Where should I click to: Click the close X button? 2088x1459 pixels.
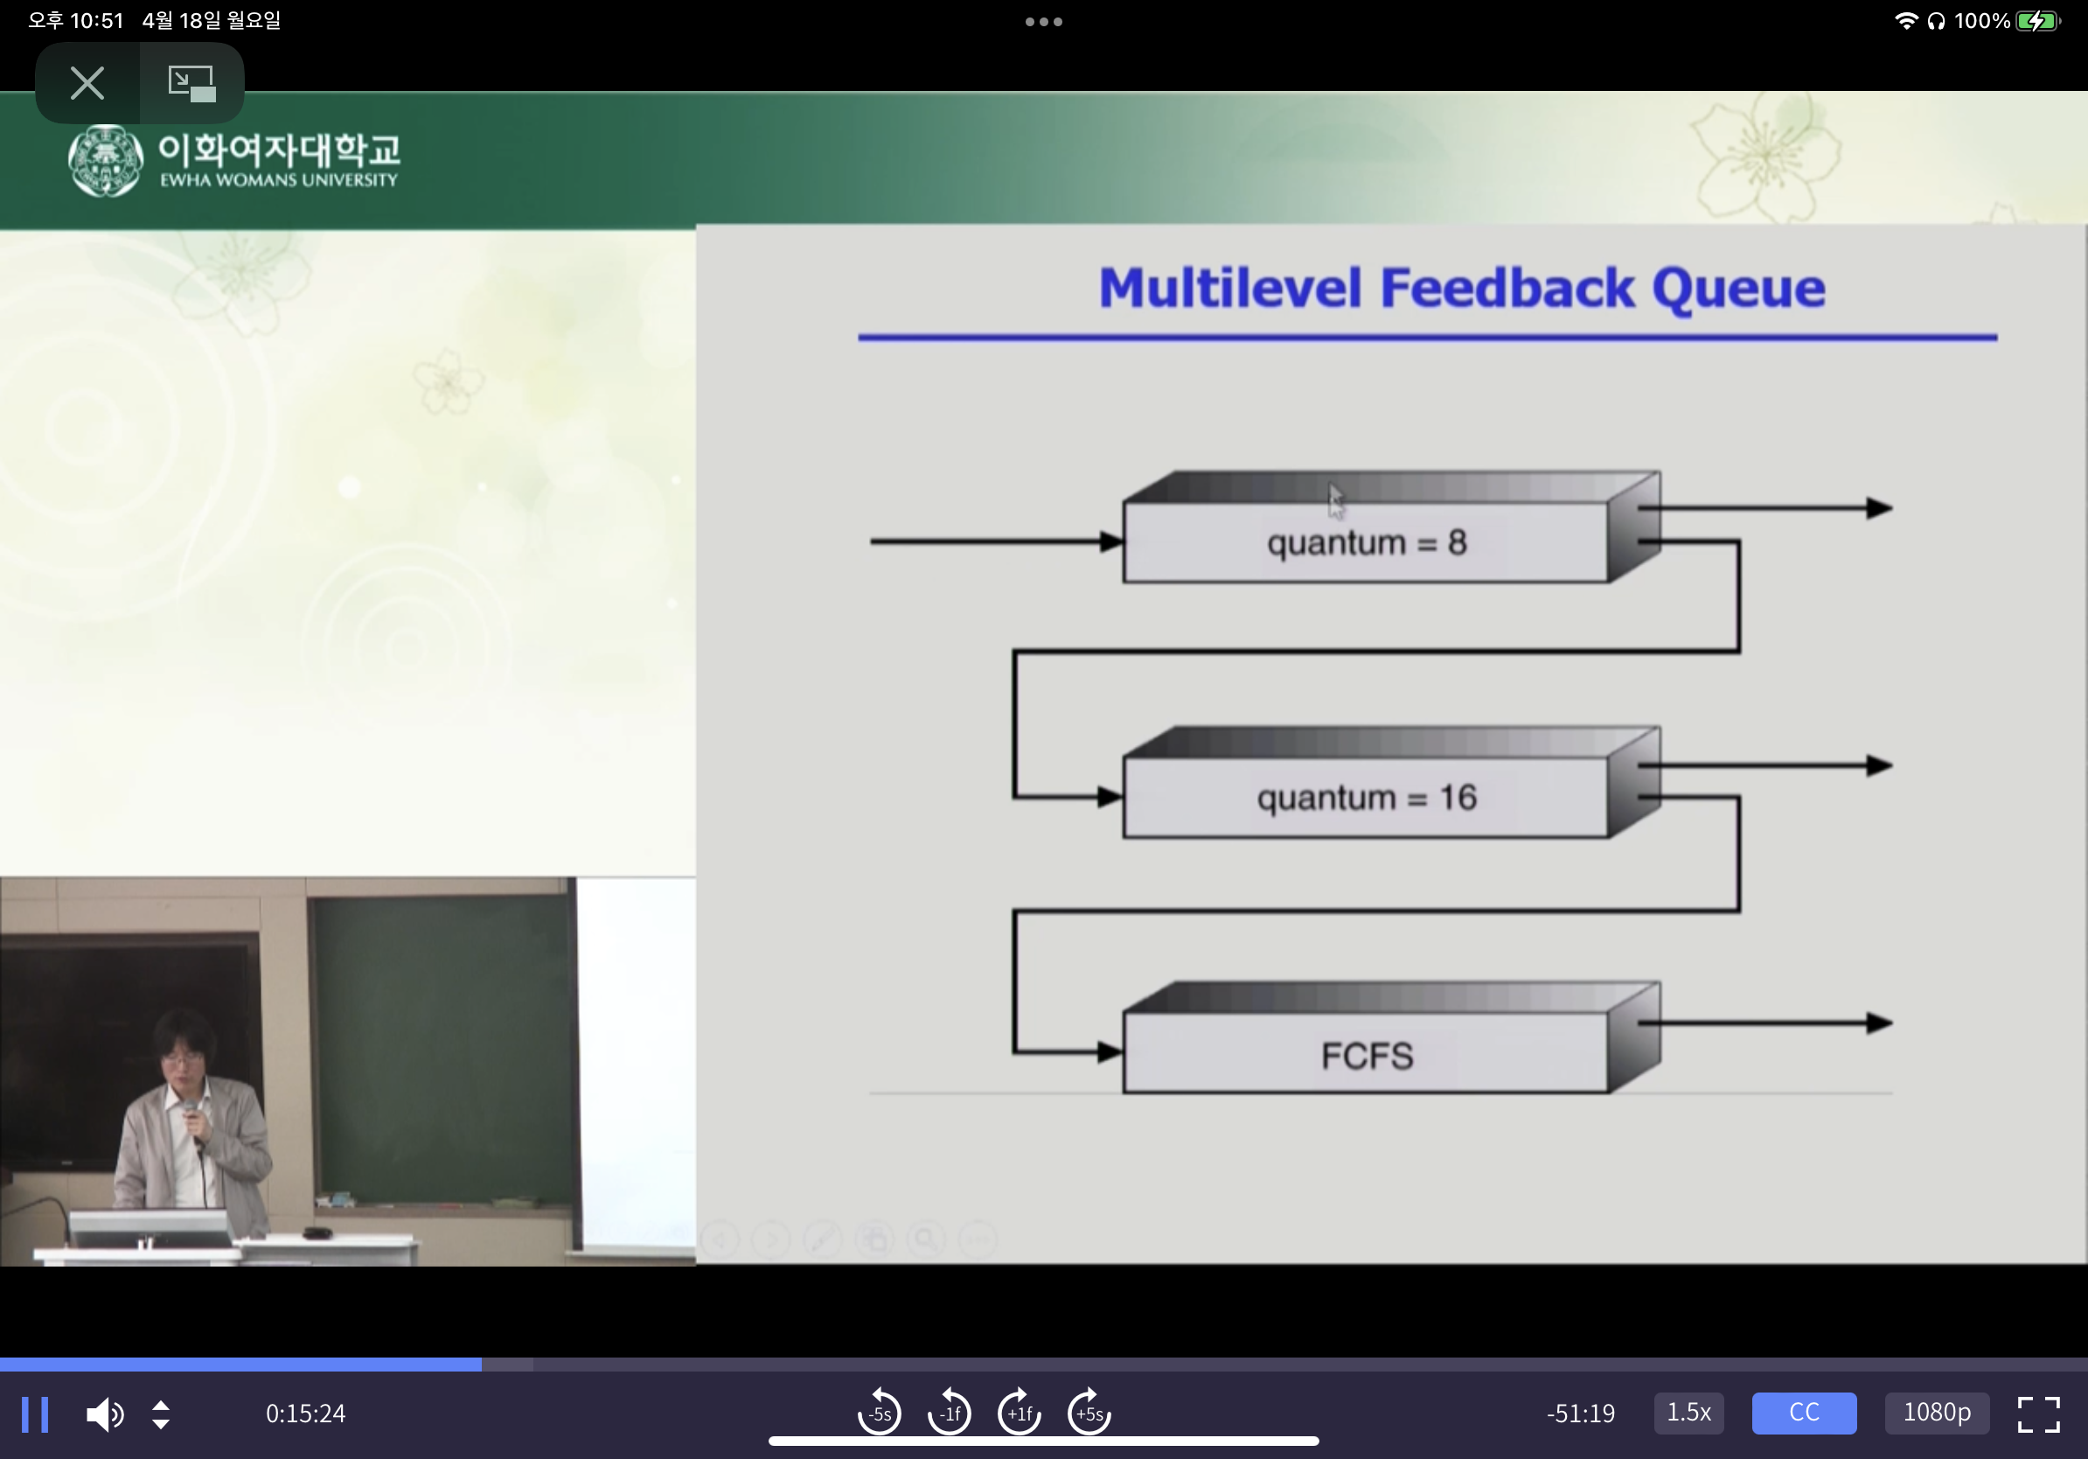(x=87, y=83)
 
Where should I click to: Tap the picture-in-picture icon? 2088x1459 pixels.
(x=191, y=83)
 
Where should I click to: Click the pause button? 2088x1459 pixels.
(x=35, y=1414)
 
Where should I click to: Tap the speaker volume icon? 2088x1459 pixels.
(x=105, y=1414)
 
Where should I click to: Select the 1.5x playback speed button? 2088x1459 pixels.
(x=1688, y=1413)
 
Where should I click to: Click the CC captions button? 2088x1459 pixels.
(x=1803, y=1413)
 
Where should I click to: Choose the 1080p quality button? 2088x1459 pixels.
(x=1936, y=1413)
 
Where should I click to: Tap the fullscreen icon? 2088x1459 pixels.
(x=2038, y=1414)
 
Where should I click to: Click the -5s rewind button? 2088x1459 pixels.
(x=880, y=1413)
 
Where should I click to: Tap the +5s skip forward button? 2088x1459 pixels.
(x=1089, y=1413)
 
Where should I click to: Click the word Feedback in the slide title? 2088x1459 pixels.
(x=1507, y=289)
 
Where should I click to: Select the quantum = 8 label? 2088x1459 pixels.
(x=1367, y=543)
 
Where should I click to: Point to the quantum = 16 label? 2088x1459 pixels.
(x=1367, y=798)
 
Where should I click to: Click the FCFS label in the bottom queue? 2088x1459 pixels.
(x=1367, y=1056)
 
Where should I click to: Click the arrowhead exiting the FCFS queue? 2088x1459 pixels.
(x=1879, y=1023)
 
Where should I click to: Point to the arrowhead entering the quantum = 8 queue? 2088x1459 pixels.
(x=1111, y=541)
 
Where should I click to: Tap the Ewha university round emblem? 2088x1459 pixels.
(x=106, y=161)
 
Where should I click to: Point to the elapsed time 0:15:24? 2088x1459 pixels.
(x=305, y=1414)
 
